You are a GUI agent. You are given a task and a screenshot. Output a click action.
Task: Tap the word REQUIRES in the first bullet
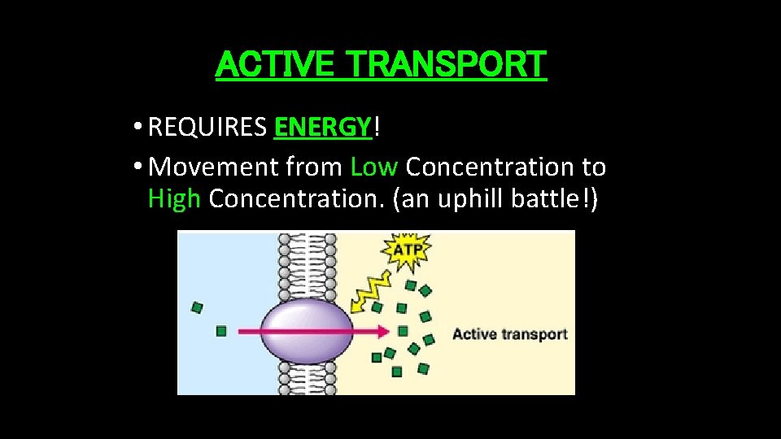(207, 127)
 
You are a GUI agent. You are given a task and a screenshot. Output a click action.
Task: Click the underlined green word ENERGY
(322, 127)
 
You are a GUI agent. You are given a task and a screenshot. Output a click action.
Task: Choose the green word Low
(373, 167)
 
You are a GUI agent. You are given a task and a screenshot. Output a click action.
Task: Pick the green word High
(174, 199)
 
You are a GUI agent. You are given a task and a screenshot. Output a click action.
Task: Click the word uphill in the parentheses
(474, 199)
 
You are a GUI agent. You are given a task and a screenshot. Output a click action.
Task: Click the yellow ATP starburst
(407, 250)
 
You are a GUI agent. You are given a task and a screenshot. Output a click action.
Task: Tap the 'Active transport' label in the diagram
(509, 334)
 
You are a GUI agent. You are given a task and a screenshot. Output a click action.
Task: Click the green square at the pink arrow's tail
(221, 331)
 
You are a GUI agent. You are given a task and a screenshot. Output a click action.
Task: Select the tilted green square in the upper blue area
(196, 307)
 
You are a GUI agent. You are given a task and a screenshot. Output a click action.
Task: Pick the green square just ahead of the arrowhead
(403, 331)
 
